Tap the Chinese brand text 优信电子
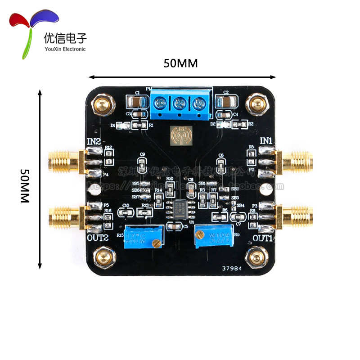click(x=65, y=38)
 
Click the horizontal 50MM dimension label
click(x=180, y=63)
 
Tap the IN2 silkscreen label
click(x=94, y=141)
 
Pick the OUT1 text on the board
click(x=263, y=237)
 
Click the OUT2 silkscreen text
click(x=99, y=238)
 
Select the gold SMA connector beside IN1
click(x=295, y=161)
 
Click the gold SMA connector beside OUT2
click(x=66, y=216)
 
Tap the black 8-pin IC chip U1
click(x=180, y=208)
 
